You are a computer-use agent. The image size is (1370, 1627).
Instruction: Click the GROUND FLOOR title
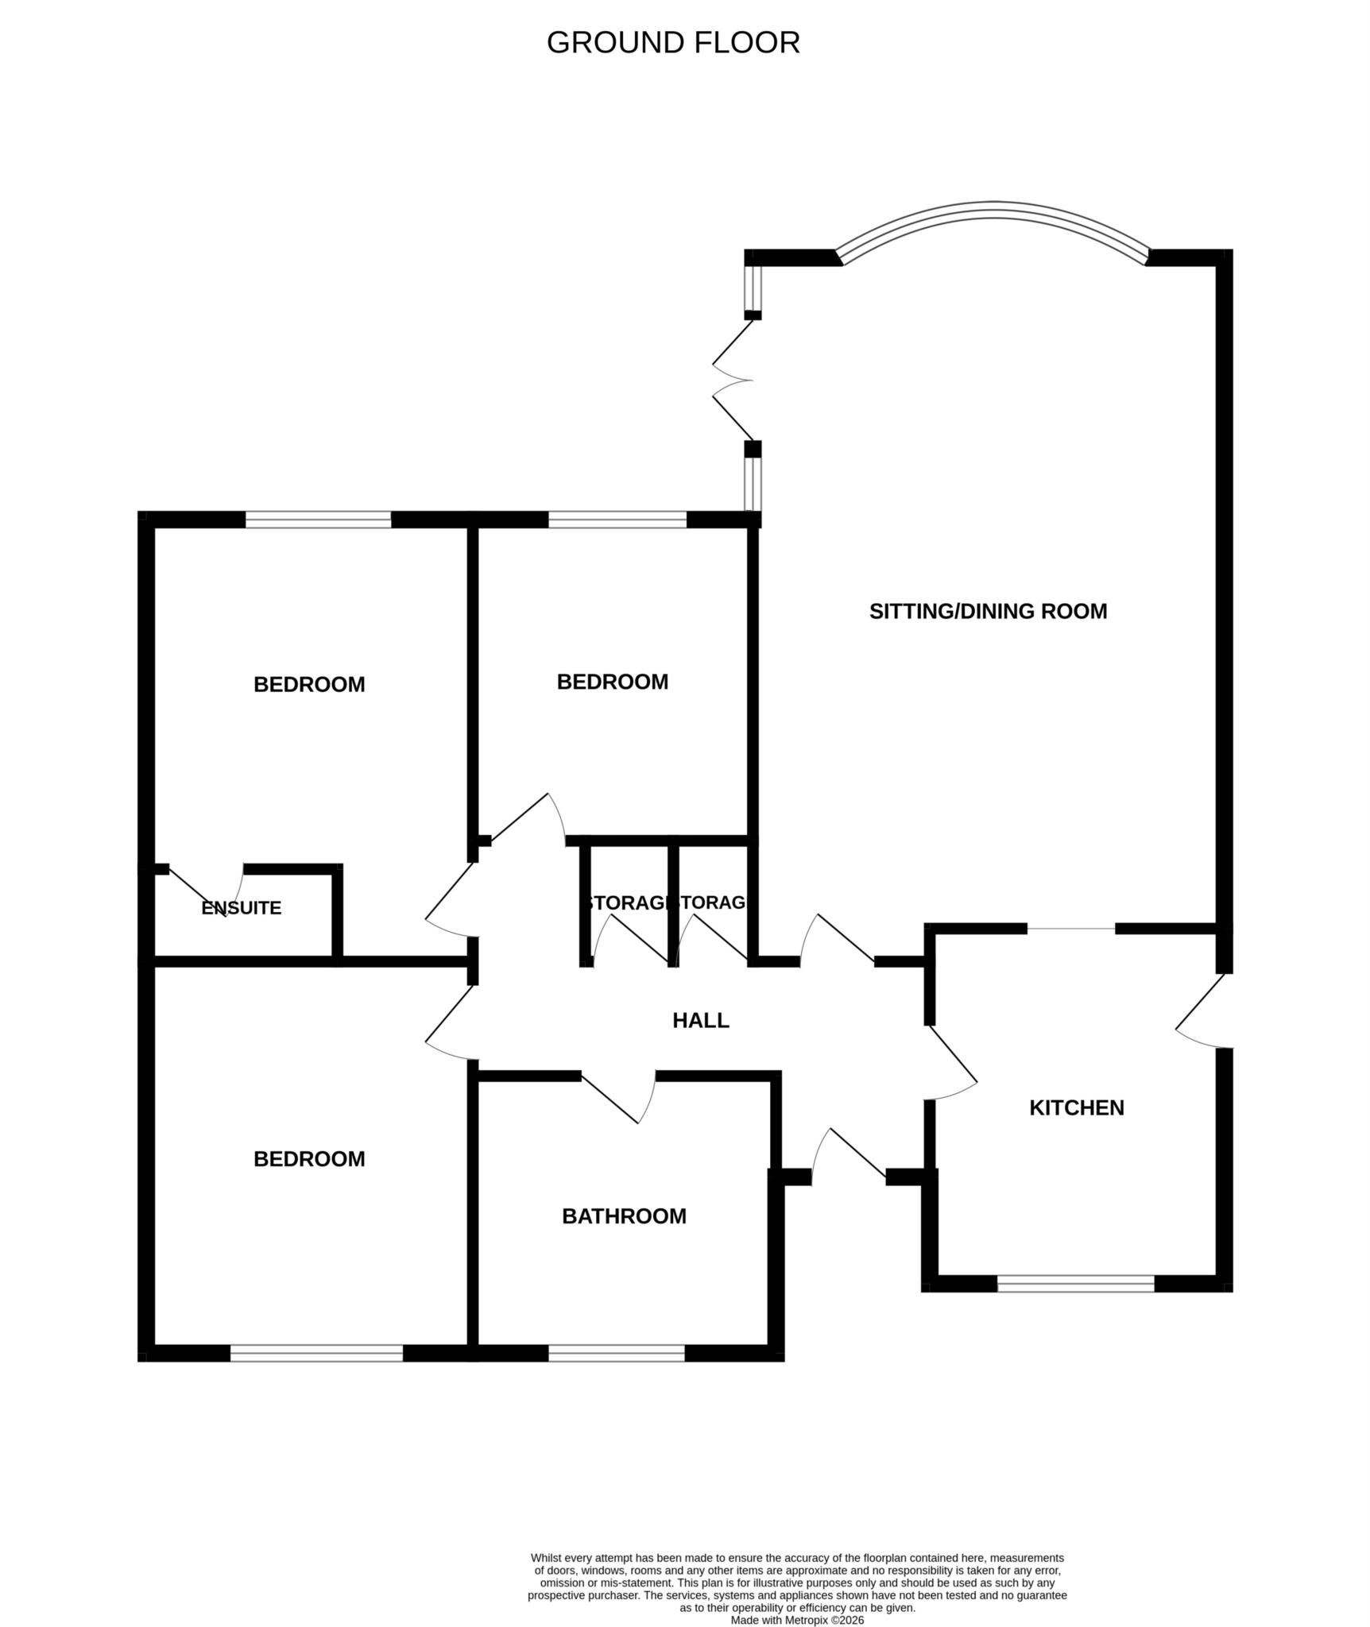click(672, 43)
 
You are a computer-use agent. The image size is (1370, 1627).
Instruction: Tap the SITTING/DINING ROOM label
click(987, 611)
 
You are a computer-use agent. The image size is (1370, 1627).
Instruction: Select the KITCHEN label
click(1076, 1107)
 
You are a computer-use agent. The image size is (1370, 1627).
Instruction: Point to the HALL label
click(700, 1020)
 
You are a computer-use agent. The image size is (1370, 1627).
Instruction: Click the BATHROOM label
click(623, 1215)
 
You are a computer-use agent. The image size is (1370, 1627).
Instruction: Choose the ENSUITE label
click(241, 908)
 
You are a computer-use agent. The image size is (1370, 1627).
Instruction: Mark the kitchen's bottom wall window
click(1075, 1283)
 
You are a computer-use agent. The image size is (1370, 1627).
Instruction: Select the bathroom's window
click(616, 1353)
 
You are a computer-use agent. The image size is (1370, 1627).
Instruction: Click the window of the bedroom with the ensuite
click(318, 520)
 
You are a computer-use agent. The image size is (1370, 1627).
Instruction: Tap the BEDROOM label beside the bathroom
click(308, 1159)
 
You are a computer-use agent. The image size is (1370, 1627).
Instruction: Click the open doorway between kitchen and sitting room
click(1071, 928)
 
